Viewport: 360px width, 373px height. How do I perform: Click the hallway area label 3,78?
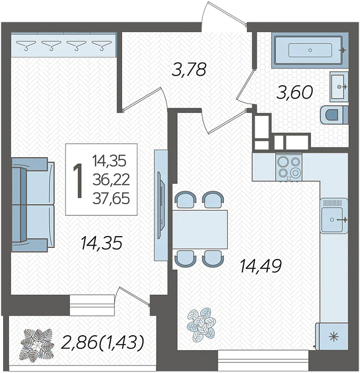point(189,69)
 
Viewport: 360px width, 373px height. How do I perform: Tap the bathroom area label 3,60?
point(294,92)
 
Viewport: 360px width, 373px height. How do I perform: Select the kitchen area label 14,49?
point(261,266)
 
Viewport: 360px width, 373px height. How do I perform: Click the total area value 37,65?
point(111,199)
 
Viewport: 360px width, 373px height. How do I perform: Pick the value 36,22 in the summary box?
point(111,180)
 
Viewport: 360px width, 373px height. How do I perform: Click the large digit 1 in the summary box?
point(78,181)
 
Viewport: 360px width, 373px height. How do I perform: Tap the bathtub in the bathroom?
point(310,50)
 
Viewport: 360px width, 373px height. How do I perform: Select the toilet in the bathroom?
point(334,115)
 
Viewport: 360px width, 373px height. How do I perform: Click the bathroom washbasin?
point(339,86)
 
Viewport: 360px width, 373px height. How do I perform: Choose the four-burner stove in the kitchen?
point(289,167)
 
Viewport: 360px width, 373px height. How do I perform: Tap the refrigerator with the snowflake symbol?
point(332,336)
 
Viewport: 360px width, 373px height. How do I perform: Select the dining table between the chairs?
point(200,230)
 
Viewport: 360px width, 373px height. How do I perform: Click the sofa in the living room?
point(34,205)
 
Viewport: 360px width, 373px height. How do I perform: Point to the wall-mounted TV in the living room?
point(161,205)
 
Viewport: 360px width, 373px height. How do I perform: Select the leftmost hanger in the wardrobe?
point(26,45)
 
